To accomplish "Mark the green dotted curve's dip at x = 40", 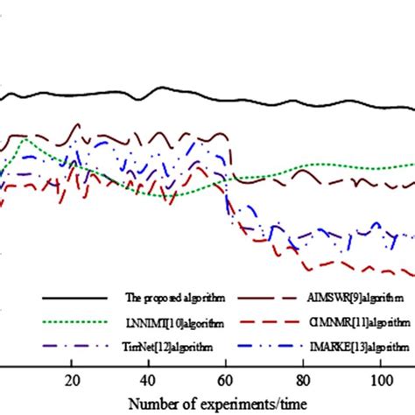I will point(151,193).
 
